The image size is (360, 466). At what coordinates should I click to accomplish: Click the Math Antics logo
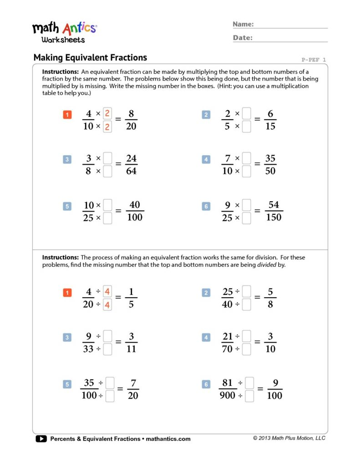pos(64,31)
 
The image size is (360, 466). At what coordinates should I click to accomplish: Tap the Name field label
pos(243,24)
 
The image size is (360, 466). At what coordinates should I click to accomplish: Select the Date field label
pos(243,38)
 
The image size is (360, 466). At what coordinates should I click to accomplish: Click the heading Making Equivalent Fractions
pos(90,58)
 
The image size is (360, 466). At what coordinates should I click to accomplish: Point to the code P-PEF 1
pos(314,60)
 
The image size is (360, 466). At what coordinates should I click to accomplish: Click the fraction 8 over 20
pos(131,120)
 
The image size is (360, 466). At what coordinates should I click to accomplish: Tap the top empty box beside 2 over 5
pos(246,113)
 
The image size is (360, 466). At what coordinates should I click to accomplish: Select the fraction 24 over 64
pos(131,165)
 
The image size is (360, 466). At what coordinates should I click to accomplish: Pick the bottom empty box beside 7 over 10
pos(246,172)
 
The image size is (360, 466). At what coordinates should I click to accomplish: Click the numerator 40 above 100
pos(134,205)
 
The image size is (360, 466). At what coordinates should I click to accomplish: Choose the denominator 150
pos(273,217)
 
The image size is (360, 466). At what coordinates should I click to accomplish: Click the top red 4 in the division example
pos(107,291)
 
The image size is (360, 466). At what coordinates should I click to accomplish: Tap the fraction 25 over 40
pos(228,298)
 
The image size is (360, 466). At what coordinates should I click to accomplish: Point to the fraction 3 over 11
pos(131,343)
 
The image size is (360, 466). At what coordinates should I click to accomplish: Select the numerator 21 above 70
pos(228,337)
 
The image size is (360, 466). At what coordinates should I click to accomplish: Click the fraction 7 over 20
pos(133,389)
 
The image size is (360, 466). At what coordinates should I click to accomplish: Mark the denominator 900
pos(227,395)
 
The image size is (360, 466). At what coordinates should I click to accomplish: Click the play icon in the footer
pos(41,439)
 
